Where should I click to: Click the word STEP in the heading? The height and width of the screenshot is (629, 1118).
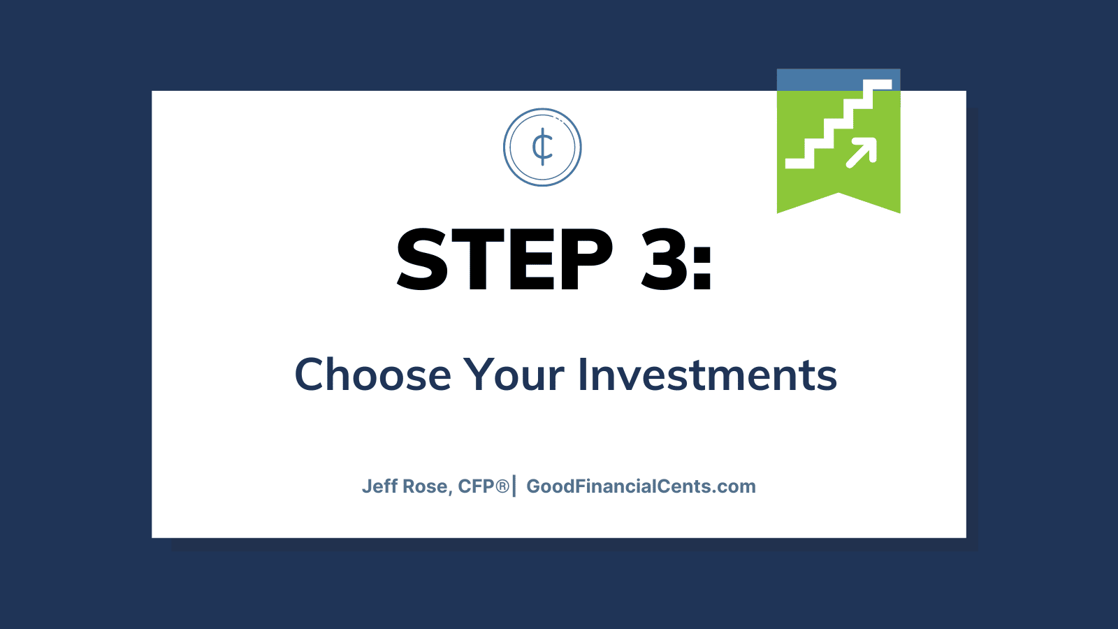click(x=504, y=259)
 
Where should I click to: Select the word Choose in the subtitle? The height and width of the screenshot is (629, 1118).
click(x=373, y=375)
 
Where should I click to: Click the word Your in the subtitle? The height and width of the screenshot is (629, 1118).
click(x=514, y=375)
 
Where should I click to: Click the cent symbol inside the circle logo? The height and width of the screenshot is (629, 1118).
click(x=542, y=147)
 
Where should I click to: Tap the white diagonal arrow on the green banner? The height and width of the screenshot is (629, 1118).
click(x=862, y=152)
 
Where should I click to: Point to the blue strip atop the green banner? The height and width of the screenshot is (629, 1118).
click(x=838, y=80)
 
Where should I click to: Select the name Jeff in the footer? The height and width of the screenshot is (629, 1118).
click(x=380, y=486)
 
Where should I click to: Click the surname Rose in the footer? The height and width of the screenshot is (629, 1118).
click(x=427, y=486)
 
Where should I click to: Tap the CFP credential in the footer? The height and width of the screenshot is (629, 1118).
click(x=476, y=486)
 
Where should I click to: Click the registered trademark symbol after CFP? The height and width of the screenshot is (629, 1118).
click(x=502, y=486)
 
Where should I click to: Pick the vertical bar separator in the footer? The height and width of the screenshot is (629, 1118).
click(x=514, y=486)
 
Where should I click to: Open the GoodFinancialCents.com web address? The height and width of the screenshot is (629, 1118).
click(x=641, y=486)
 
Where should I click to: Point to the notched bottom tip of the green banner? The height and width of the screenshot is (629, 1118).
click(x=839, y=193)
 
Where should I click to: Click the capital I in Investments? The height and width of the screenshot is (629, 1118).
click(x=582, y=375)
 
